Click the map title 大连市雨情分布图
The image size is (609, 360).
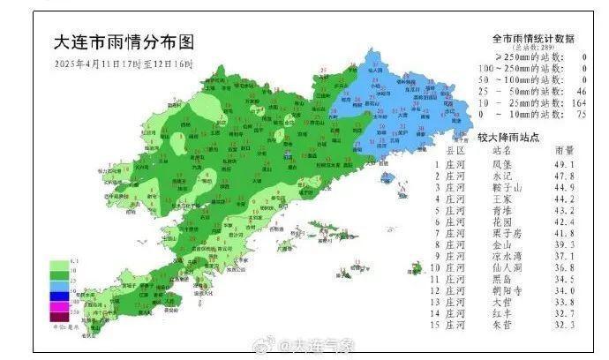click(123, 42)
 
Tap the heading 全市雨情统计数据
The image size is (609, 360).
click(533, 39)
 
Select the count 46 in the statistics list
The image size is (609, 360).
click(581, 91)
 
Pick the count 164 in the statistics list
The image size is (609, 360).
click(579, 102)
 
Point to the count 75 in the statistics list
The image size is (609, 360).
click(581, 114)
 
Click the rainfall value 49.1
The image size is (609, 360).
click(564, 163)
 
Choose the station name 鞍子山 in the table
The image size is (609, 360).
click(504, 188)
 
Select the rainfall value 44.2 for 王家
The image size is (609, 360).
click(564, 200)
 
